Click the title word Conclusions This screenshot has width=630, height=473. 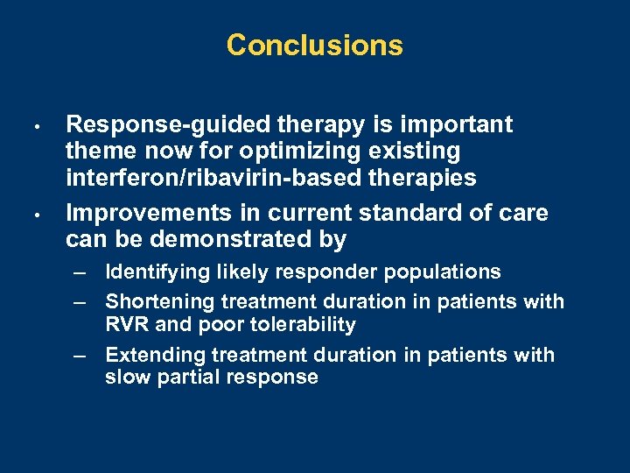point(314,46)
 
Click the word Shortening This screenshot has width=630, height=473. point(159,302)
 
